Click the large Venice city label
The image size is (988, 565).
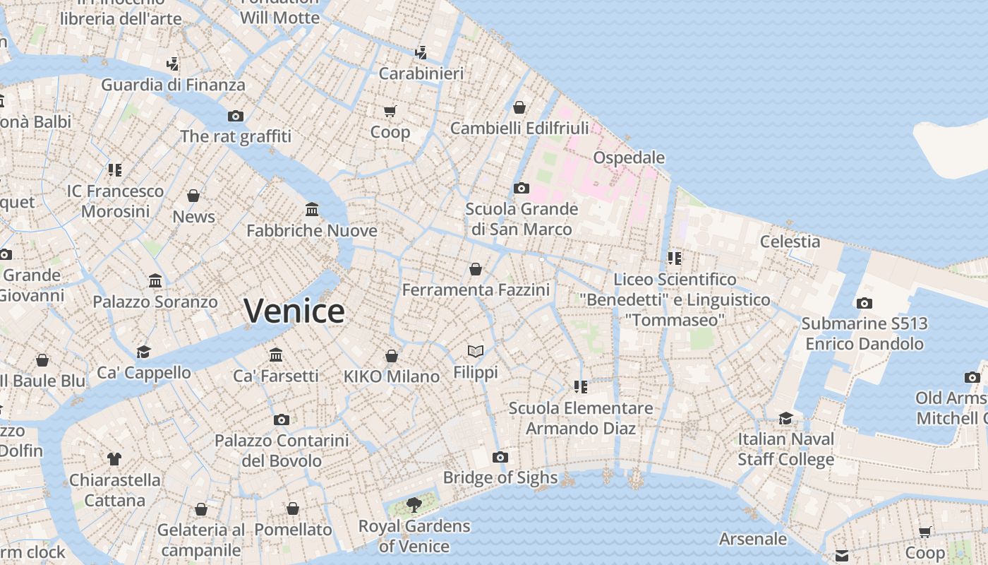pyautogui.click(x=294, y=311)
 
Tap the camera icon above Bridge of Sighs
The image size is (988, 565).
pyautogui.click(x=500, y=457)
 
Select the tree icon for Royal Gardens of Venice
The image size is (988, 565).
pyautogui.click(x=414, y=504)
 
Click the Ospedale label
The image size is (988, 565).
pyautogui.click(x=629, y=157)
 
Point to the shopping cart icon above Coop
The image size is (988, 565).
pyautogui.click(x=390, y=111)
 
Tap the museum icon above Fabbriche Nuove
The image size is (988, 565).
pyautogui.click(x=312, y=209)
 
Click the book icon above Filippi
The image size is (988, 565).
pyautogui.click(x=476, y=351)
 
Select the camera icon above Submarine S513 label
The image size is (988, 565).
pyautogui.click(x=864, y=303)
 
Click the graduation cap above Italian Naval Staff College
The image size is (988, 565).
pyautogui.click(x=785, y=418)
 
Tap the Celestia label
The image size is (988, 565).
pyautogui.click(x=790, y=242)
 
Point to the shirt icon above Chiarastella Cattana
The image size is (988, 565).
pyautogui.click(x=114, y=459)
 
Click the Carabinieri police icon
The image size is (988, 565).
pyautogui.click(x=421, y=52)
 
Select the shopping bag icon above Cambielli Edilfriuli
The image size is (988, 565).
pyautogui.click(x=519, y=107)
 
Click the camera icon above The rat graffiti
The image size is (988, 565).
pyautogui.click(x=236, y=116)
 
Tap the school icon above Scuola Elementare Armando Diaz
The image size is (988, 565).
pyautogui.click(x=581, y=386)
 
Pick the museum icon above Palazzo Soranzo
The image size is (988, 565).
pyautogui.click(x=155, y=281)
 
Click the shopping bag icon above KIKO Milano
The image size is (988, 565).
pyautogui.click(x=392, y=356)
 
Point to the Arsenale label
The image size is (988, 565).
pyautogui.click(x=752, y=539)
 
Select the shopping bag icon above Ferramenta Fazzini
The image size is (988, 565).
pyautogui.click(x=476, y=269)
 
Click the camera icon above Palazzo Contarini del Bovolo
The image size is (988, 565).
pyautogui.click(x=282, y=420)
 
